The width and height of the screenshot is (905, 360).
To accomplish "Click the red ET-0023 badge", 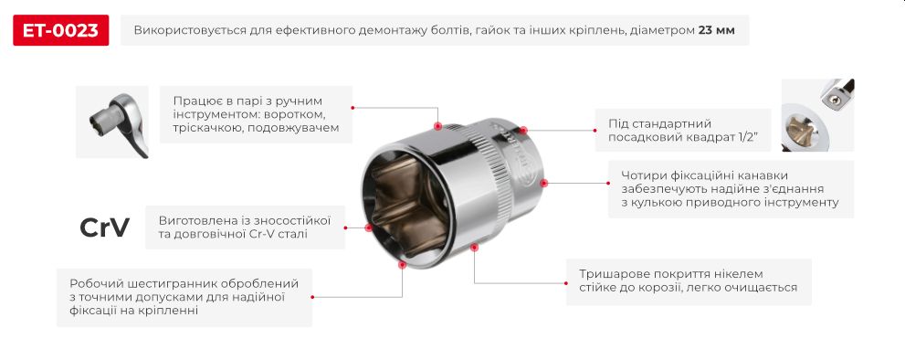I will [x=61, y=30].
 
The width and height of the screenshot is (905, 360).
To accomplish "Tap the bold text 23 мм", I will [x=716, y=30].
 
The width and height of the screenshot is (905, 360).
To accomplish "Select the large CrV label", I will [x=105, y=228].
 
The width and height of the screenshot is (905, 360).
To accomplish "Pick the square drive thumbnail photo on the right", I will [x=817, y=115].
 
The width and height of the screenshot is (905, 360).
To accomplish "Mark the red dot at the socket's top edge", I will [x=437, y=127].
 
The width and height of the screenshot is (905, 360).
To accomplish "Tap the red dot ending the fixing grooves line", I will [x=543, y=183].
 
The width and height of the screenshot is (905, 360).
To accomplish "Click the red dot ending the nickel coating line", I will [x=474, y=246].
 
